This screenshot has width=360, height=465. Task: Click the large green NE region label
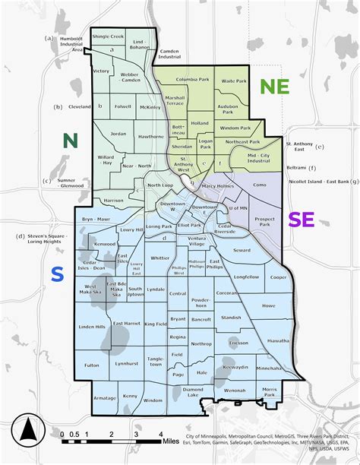[x=274, y=86]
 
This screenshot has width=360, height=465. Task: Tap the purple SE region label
[x=302, y=220]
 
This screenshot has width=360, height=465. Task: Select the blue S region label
[x=57, y=276]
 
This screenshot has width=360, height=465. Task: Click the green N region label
[x=71, y=140]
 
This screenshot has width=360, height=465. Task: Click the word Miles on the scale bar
[x=170, y=440]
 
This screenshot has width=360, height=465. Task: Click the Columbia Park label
[x=193, y=79]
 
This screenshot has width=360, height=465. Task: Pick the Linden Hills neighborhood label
[x=93, y=327]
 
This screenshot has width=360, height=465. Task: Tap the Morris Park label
[x=270, y=392]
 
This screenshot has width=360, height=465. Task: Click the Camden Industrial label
[x=169, y=54]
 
